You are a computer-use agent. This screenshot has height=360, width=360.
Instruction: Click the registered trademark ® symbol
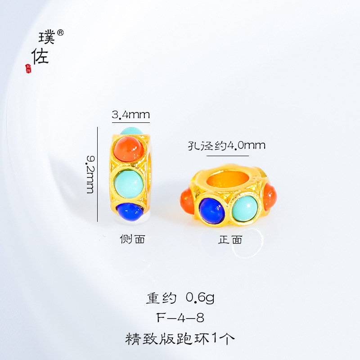click(x=61, y=33)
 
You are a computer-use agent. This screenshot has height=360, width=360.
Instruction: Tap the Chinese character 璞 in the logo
click(x=47, y=38)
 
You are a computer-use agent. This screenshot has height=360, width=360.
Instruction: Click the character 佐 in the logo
click(x=40, y=57)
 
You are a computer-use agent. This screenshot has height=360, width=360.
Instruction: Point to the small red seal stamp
click(x=28, y=68)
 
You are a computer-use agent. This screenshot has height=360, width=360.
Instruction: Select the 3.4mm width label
click(x=130, y=116)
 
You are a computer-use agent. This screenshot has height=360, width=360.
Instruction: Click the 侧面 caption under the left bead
click(x=132, y=239)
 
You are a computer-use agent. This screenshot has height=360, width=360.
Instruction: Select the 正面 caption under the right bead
click(x=230, y=239)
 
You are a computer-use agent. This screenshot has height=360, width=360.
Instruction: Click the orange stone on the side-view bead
click(x=128, y=148)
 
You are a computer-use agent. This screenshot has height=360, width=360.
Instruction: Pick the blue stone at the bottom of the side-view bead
click(x=130, y=210)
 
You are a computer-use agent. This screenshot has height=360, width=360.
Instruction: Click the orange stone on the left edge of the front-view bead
click(x=187, y=202)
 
